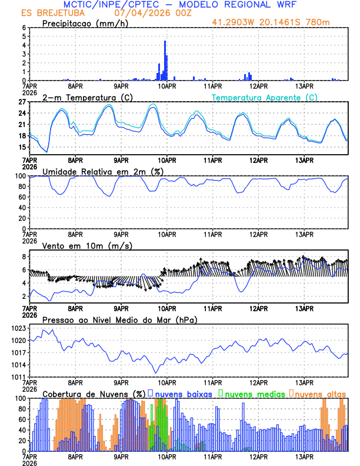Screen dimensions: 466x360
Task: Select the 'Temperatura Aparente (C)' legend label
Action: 264,97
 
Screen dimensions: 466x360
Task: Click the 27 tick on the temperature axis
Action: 22,102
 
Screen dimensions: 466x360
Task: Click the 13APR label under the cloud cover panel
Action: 304,456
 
